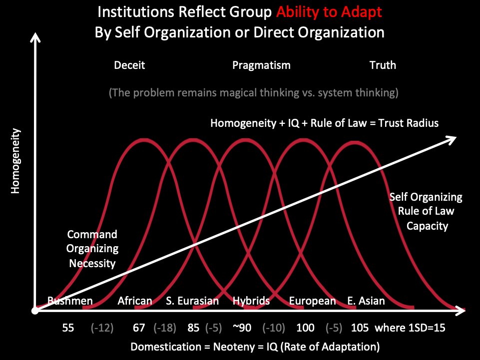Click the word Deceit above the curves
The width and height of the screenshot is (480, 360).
[129, 65]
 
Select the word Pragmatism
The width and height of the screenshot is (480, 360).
[261, 65]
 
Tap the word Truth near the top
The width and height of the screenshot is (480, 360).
[383, 65]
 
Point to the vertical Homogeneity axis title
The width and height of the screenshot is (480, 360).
[16, 161]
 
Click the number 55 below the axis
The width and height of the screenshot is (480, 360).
[68, 328]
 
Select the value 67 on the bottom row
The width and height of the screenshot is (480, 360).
[139, 328]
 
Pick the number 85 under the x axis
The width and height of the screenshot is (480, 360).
[193, 328]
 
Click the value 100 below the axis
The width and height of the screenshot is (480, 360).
[305, 328]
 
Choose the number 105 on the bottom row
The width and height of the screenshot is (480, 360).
[360, 328]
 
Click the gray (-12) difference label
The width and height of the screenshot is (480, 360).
[102, 328]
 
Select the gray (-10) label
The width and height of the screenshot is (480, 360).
[275, 328]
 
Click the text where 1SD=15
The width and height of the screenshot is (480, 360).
[410, 328]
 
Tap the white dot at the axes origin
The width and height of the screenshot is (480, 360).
[34, 311]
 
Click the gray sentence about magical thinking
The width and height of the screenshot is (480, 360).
[253, 93]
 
